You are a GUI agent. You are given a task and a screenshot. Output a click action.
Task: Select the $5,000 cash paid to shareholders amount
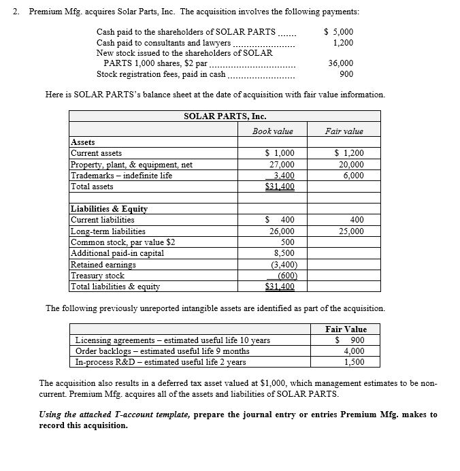pyautogui.click(x=338, y=31)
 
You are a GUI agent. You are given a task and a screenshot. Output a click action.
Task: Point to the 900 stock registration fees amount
pyautogui.click(x=346, y=74)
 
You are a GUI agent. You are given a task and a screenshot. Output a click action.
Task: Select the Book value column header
pyautogui.click(x=272, y=131)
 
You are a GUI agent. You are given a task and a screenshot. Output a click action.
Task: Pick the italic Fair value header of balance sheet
pyautogui.click(x=344, y=131)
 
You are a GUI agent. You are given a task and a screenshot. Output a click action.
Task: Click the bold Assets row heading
pyautogui.click(x=83, y=142)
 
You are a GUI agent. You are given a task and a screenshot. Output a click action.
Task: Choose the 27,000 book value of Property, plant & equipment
pyautogui.click(x=282, y=164)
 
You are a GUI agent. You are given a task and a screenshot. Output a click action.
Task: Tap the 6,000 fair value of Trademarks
pyautogui.click(x=352, y=175)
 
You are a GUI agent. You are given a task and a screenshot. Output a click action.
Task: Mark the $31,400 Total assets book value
pyautogui.click(x=279, y=186)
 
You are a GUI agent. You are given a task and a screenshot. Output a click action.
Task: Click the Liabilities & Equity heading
pyautogui.click(x=109, y=209)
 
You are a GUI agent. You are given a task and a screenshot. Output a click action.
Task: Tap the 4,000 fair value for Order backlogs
pyautogui.click(x=353, y=351)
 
